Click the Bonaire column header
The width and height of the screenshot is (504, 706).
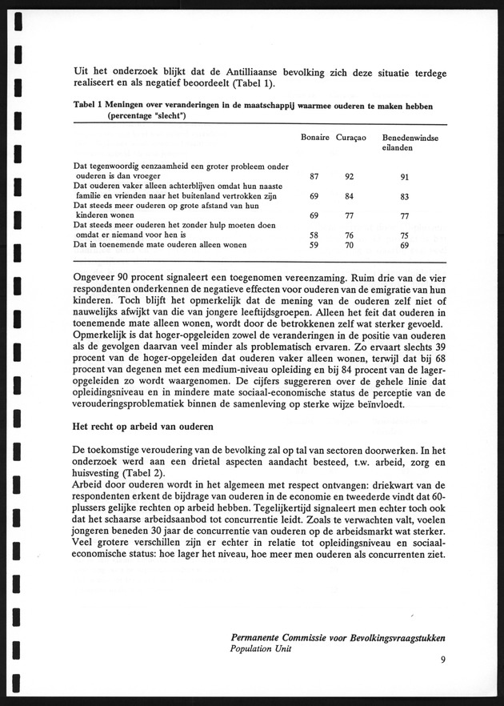tap(315, 138)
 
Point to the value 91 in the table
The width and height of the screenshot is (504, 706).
tap(406, 179)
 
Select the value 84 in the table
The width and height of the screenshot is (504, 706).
tap(350, 197)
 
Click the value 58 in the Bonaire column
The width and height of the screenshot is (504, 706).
tap(315, 235)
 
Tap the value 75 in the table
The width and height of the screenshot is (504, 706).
tap(406, 235)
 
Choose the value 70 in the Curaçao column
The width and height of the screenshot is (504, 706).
tap(350, 246)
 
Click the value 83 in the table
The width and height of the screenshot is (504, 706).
tap(406, 197)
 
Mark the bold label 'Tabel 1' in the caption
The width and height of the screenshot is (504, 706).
tap(88, 105)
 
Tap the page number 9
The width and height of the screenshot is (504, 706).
tap(443, 660)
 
